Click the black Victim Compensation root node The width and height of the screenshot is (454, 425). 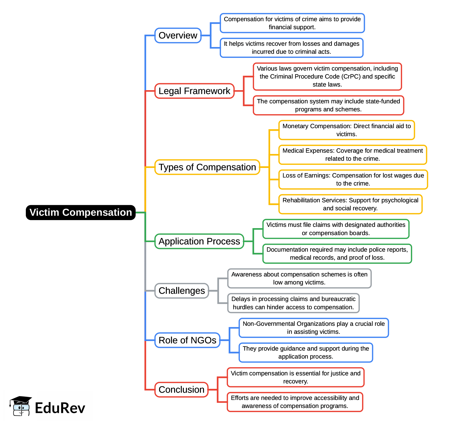point(81,212)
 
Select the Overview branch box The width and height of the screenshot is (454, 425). point(178,35)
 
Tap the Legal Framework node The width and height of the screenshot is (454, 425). point(194,91)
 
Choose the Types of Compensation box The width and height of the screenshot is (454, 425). point(207,167)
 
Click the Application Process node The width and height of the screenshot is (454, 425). point(199,241)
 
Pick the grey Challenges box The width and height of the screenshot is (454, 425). point(182,291)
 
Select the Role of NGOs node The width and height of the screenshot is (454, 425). point(187,340)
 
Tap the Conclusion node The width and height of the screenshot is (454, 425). point(181,390)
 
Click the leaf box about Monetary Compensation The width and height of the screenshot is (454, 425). point(347,130)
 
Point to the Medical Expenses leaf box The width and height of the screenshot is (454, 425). point(353,154)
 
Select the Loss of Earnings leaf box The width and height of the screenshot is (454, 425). point(353,179)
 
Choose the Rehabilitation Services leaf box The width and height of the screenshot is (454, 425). point(350,204)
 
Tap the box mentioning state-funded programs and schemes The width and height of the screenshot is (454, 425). point(328,105)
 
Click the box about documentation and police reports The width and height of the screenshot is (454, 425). point(337,253)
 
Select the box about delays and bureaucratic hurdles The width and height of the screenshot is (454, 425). point(293,303)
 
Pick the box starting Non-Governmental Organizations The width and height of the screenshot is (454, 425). point(314,328)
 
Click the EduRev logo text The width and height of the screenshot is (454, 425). point(60,408)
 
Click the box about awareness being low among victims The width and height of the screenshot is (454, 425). point(299,278)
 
